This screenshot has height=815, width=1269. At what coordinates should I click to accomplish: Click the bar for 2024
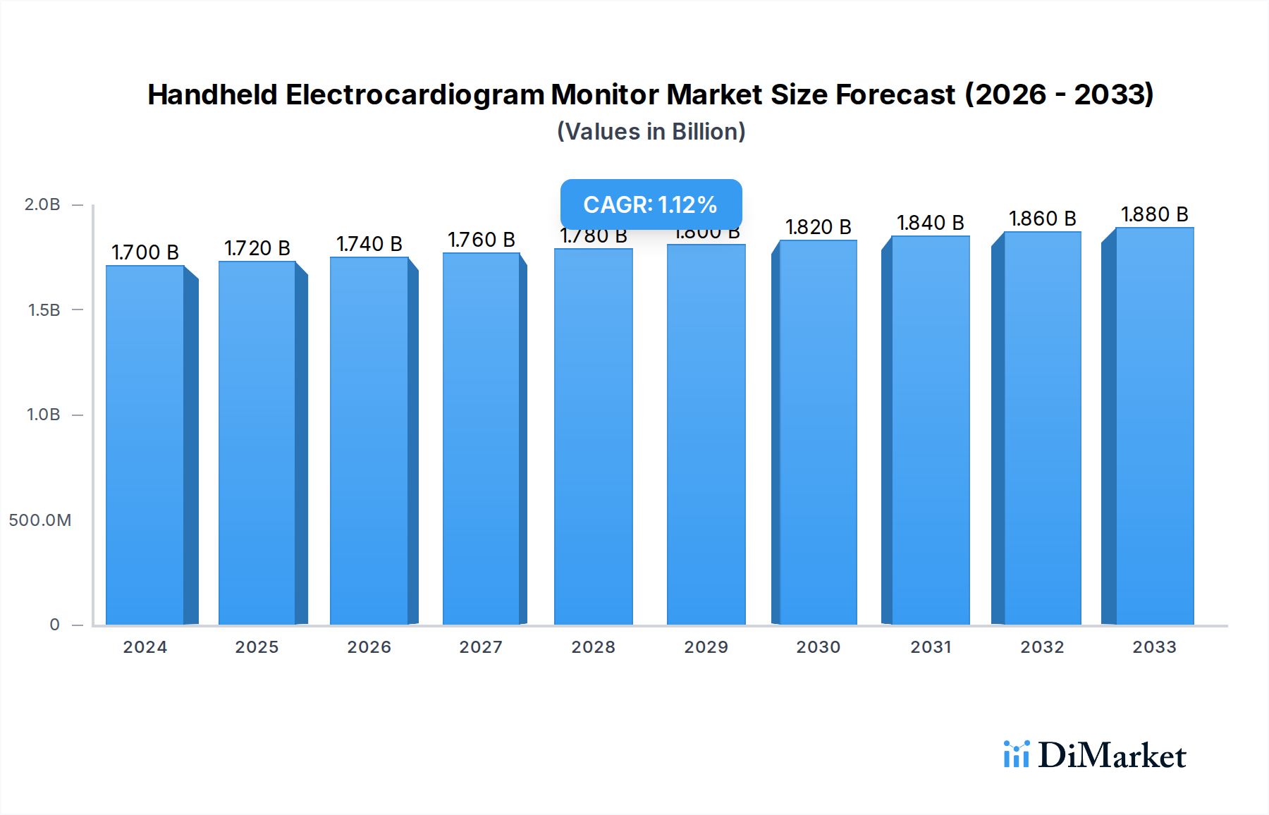pos(145,444)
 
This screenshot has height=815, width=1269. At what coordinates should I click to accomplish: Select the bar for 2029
pos(706,434)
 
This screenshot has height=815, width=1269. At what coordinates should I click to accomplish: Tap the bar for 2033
pos(1154,426)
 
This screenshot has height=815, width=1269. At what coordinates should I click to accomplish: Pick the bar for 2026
pos(369,441)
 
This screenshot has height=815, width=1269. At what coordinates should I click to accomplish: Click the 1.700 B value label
pos(145,252)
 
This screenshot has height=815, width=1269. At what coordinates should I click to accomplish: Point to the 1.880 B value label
pos(1154,214)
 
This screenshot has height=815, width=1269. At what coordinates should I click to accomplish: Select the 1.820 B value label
pos(818,227)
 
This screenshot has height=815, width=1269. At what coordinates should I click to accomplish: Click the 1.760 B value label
pos(482,240)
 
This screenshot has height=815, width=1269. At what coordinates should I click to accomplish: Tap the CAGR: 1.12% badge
pos(651,204)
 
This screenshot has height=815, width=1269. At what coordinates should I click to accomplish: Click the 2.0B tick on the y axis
pos(42,204)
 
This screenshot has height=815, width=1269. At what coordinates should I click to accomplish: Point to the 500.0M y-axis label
pos(40,520)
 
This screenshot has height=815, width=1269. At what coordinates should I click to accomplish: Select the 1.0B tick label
pos(43,415)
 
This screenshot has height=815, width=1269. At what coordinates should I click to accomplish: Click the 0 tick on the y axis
pos(54,625)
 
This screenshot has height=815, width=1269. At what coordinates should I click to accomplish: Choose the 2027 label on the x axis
pos(481,647)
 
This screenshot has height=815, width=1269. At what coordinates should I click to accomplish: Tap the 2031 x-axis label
pos(931,647)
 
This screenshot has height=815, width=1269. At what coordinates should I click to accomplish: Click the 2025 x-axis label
pos(257,647)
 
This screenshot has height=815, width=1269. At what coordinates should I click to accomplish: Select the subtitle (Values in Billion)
pos(651,132)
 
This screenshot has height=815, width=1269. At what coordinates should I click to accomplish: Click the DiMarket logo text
pos(1111,756)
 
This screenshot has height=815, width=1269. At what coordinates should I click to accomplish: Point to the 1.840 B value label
pos(930,223)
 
